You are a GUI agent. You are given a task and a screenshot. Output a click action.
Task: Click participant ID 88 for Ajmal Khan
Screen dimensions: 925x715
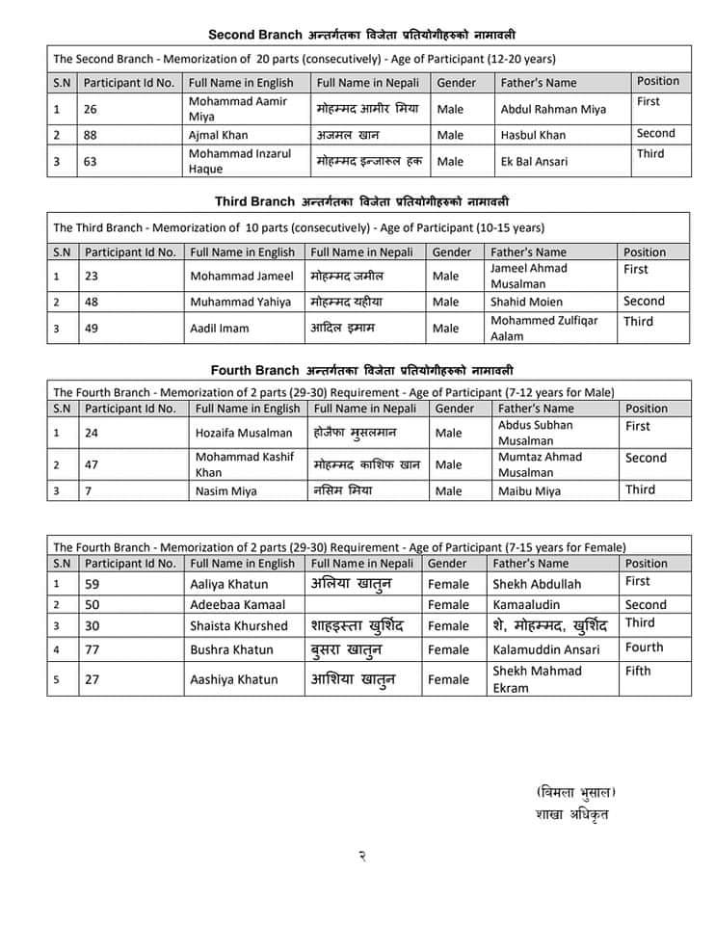(x=92, y=135)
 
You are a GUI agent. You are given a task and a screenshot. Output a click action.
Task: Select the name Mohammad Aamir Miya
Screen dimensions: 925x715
(x=237, y=109)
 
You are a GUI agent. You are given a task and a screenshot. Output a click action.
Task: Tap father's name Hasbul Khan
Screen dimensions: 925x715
(x=533, y=135)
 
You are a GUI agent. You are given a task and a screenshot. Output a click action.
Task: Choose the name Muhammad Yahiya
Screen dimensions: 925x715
(x=240, y=302)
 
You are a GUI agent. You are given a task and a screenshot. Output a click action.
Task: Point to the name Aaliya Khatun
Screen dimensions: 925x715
(x=228, y=584)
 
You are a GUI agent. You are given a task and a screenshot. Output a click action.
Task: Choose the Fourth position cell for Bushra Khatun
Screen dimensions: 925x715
(x=644, y=647)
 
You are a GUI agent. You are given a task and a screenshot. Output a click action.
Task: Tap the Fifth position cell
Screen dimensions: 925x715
(x=638, y=671)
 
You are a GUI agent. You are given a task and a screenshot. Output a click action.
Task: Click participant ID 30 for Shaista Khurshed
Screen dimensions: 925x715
(x=92, y=626)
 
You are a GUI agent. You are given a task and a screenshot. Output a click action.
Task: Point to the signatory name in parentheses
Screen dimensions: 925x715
(x=575, y=792)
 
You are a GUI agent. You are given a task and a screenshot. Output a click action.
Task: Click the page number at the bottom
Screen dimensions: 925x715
(x=361, y=854)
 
